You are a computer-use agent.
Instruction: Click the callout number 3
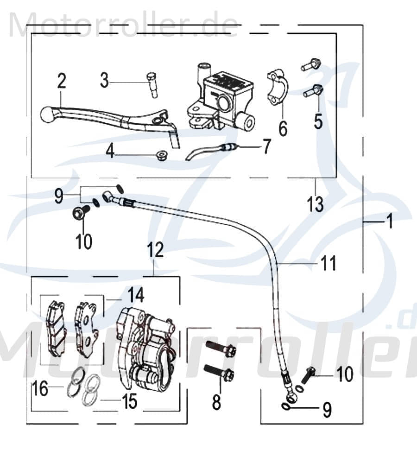click(x=105, y=81)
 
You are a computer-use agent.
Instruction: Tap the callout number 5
click(x=318, y=121)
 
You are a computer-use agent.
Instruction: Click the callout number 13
click(x=316, y=204)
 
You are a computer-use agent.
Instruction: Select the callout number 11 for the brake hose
click(x=327, y=264)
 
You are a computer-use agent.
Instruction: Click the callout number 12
click(x=156, y=250)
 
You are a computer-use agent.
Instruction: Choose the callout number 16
click(x=41, y=389)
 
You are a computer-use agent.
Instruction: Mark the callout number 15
click(x=130, y=402)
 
